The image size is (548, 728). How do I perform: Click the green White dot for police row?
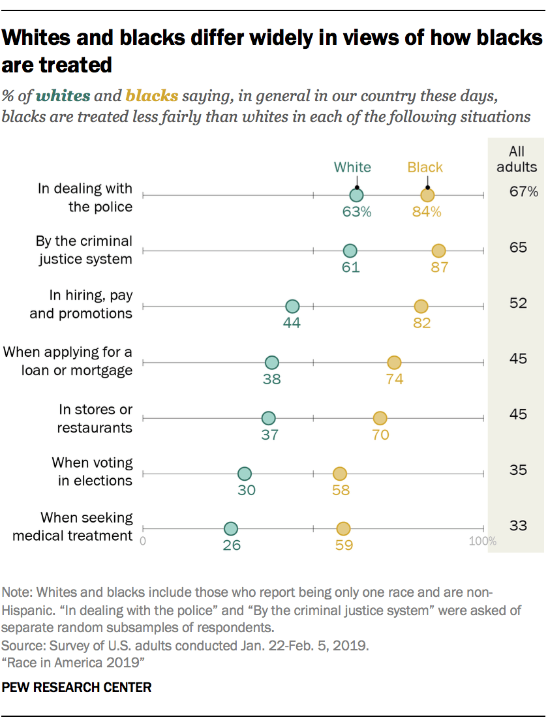click(356, 195)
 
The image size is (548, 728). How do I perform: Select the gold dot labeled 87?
click(438, 251)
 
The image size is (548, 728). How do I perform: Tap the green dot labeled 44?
click(292, 307)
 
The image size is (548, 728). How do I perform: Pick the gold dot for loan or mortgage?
click(394, 363)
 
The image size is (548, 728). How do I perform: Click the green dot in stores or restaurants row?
click(268, 418)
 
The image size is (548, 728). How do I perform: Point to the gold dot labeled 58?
click(339, 474)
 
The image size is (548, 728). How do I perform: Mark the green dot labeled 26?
click(231, 529)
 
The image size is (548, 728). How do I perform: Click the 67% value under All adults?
click(524, 192)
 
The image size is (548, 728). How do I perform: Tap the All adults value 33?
click(518, 525)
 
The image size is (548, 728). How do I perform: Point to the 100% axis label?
click(483, 541)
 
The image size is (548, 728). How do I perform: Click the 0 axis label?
click(143, 541)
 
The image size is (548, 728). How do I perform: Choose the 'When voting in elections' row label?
click(92, 472)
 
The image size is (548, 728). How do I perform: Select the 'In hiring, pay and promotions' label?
click(81, 305)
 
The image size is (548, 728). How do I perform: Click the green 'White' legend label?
click(352, 167)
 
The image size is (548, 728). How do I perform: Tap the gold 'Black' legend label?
click(425, 167)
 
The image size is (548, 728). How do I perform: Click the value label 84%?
click(427, 211)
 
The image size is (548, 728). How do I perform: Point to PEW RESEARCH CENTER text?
click(77, 688)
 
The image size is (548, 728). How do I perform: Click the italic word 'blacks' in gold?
click(152, 97)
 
